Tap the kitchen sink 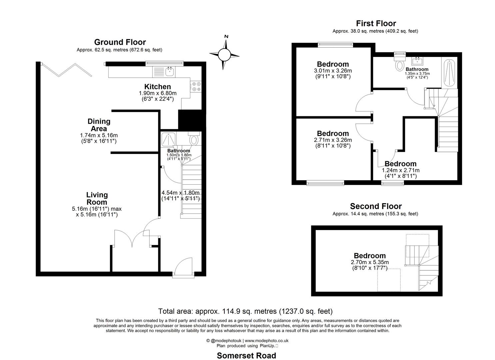coord(170,71)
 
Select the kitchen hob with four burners coord(196,87)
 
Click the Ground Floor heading coord(120,42)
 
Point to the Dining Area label coord(99,125)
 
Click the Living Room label coord(97,198)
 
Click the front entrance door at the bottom coord(183,267)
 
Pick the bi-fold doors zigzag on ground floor coord(67,70)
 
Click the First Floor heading coord(376,23)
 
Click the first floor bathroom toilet coord(399,63)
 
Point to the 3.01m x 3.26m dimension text coord(333,71)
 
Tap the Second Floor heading coord(376,206)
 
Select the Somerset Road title coord(246,356)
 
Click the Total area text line coord(245,311)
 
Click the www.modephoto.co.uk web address coord(267,341)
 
